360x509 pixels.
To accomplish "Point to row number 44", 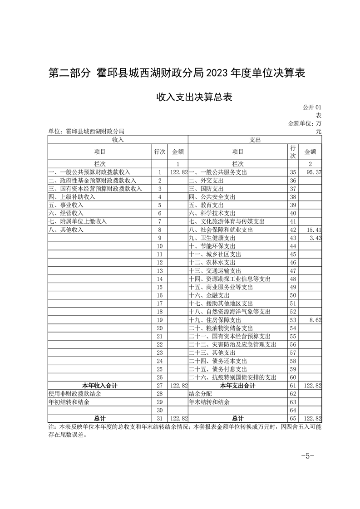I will coord(293,246).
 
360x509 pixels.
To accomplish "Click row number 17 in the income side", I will coord(159,303).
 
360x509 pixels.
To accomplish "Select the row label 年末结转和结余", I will coord(209,402).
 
